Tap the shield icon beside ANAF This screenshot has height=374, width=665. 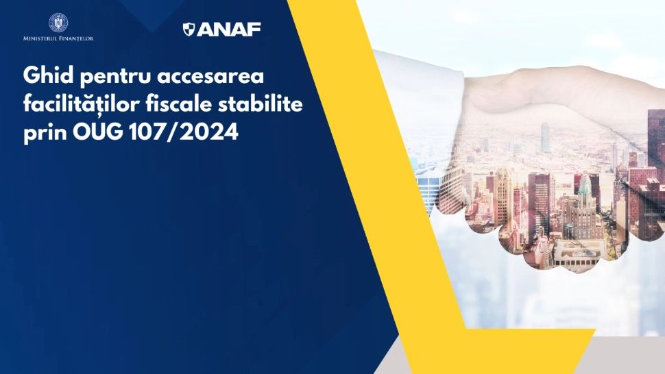click(189, 29)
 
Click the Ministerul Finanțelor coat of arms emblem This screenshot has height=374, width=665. click(58, 23)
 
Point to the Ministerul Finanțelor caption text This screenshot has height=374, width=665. click(58, 38)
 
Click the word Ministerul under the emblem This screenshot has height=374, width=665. click(39, 38)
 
